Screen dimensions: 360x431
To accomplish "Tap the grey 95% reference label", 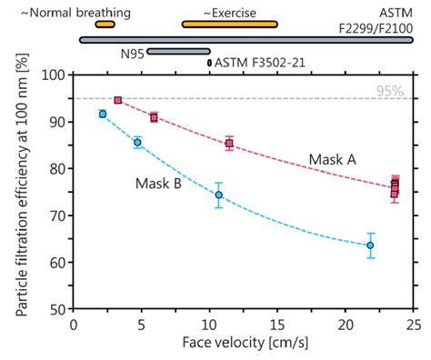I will pos(394,91).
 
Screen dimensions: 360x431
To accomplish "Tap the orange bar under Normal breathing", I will pos(105,25).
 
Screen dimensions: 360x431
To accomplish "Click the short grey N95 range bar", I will pos(178,52).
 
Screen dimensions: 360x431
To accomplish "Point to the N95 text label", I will pos(133,53).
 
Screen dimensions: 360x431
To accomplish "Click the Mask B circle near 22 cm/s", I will pos(370,245).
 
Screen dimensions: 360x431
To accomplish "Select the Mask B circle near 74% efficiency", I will pos(218,195).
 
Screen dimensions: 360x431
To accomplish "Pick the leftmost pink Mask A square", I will pos(118,100).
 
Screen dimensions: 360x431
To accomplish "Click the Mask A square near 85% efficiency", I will pos(229,144).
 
